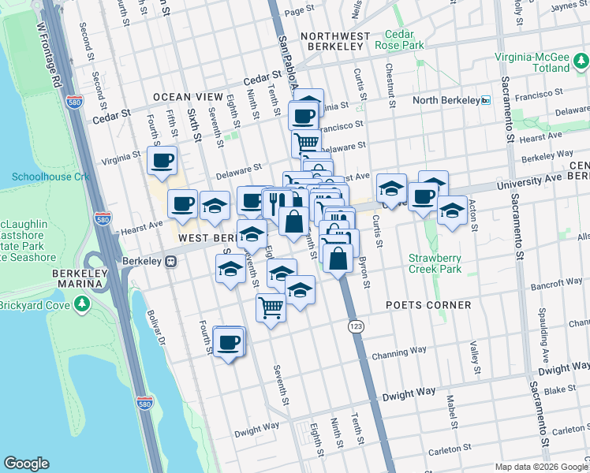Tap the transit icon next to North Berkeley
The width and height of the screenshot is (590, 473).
[x=486, y=100]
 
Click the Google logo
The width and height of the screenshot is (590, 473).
[x=27, y=464]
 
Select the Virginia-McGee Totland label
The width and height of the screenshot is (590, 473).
[x=532, y=62]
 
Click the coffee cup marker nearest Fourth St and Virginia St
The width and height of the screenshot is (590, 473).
[x=162, y=161]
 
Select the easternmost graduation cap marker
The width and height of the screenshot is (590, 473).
[x=451, y=210]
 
